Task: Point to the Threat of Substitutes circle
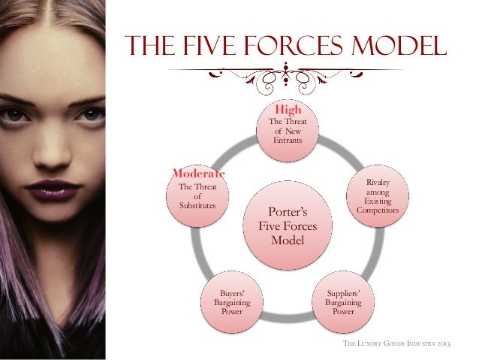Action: click(197, 198)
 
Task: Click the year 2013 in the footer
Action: click(452, 344)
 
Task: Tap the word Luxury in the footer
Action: click(373, 344)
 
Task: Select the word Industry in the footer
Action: click(424, 344)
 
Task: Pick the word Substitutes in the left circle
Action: click(197, 206)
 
